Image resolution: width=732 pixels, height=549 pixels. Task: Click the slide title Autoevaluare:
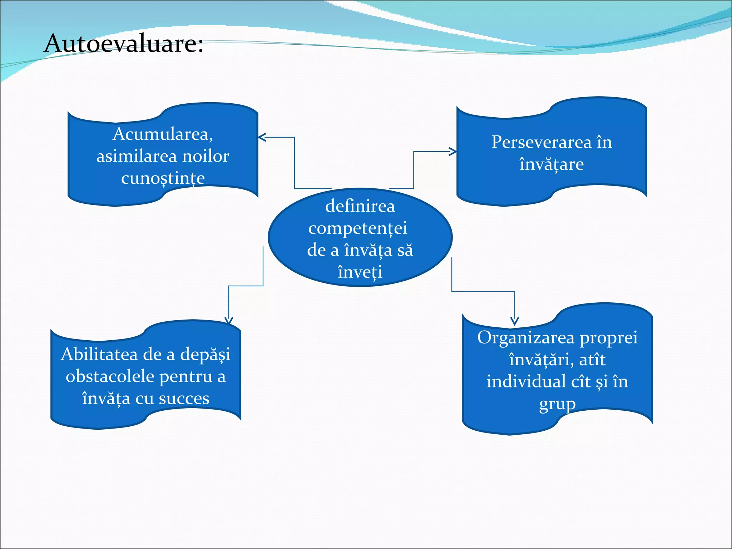click(123, 44)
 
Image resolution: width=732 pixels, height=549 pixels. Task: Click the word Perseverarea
click(541, 142)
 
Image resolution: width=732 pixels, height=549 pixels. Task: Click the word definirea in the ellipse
click(360, 206)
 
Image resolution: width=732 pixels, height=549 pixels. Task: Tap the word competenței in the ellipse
click(358, 228)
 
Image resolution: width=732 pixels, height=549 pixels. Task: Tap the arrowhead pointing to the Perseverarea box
click(453, 152)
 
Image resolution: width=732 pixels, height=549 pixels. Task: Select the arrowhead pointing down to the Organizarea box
click(515, 321)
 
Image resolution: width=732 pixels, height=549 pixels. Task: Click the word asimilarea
click(136, 156)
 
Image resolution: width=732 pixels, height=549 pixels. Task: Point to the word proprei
click(608, 338)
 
